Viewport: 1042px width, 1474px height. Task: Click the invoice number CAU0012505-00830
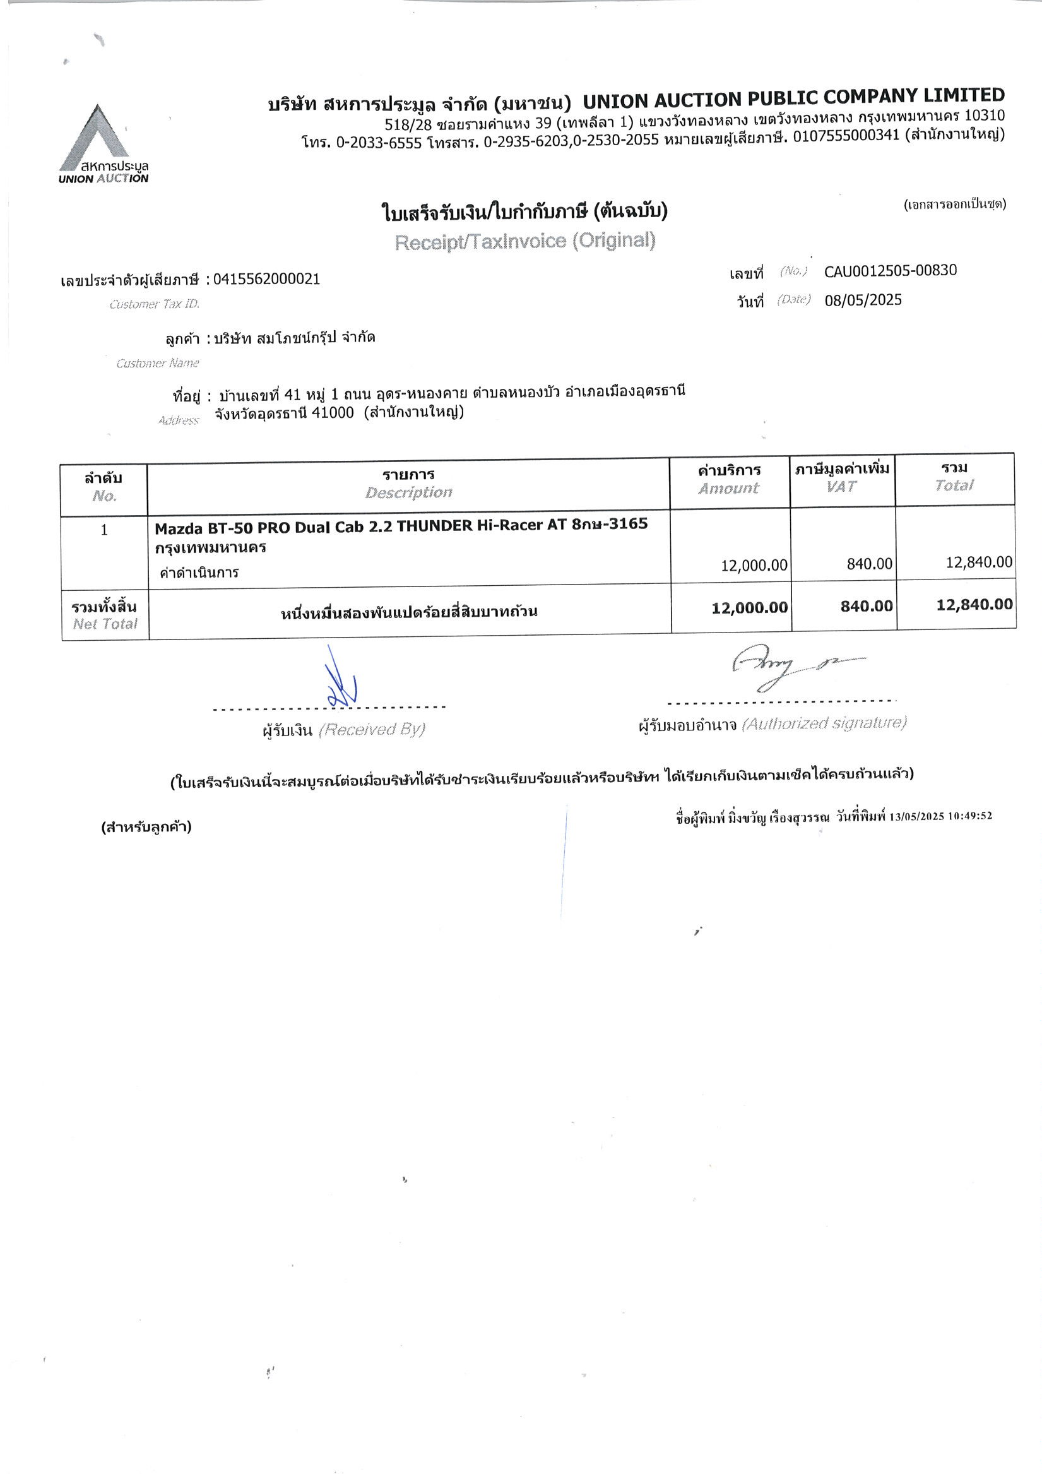click(x=890, y=271)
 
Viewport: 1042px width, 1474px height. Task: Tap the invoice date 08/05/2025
click(x=863, y=300)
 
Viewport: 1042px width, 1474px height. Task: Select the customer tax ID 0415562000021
click(x=266, y=279)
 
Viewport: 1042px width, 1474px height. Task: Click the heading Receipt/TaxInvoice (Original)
click(x=524, y=241)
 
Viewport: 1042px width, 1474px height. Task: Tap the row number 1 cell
click(x=104, y=530)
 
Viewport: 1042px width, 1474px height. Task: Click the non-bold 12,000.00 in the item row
click(x=754, y=565)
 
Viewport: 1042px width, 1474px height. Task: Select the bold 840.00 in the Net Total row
click(x=866, y=605)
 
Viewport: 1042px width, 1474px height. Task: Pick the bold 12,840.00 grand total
click(x=974, y=604)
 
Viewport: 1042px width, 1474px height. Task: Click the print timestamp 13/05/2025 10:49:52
click(x=940, y=816)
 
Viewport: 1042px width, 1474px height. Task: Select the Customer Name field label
click(x=157, y=364)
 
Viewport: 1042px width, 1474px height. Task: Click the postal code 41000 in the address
click(x=332, y=413)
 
